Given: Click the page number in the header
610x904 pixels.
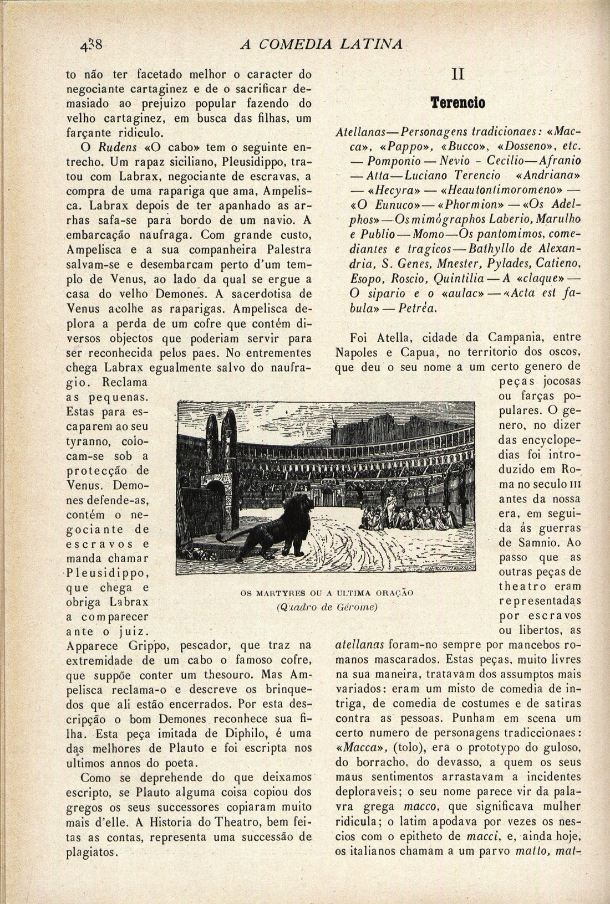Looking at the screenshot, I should click(90, 44).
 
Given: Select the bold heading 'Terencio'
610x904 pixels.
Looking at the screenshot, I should click(459, 103).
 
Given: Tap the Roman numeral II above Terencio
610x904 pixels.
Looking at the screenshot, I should click(457, 75).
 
